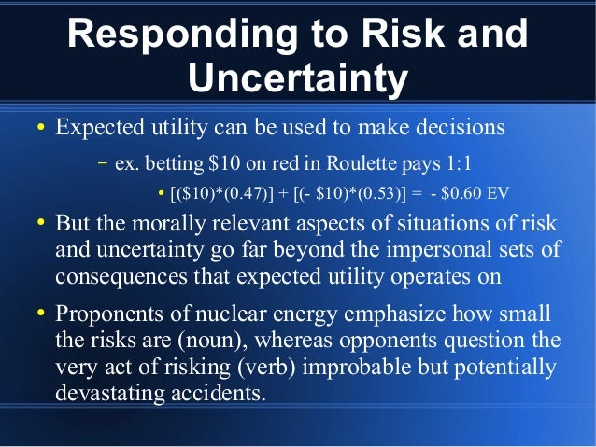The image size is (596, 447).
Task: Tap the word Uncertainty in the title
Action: point(298,79)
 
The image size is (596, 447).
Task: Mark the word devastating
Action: point(106,393)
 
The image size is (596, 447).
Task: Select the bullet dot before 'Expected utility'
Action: point(41,127)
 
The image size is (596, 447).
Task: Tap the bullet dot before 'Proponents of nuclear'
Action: point(41,315)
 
